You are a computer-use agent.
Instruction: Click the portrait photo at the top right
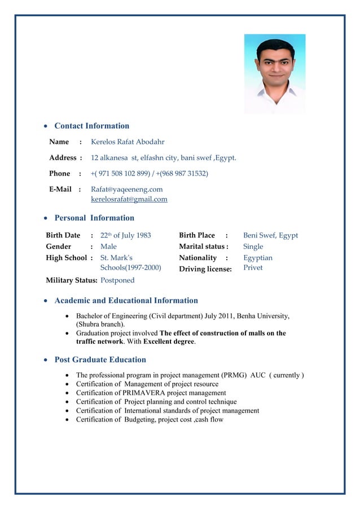274,73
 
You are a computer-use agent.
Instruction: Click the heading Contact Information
91,126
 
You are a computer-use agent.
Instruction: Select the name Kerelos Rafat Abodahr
128,142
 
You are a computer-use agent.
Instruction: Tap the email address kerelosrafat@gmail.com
129,199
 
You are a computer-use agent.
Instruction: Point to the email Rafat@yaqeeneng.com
127,190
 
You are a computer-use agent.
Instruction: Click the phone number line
150,173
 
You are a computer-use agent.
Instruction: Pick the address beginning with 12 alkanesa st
164,158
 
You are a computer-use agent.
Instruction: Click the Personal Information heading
94,218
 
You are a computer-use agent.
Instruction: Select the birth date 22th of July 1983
125,235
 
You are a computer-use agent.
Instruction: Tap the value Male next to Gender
108,247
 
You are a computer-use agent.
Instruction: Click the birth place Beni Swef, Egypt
270,235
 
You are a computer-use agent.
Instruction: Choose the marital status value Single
253,247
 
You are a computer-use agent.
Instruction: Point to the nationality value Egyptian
257,258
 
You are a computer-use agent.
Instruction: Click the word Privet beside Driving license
253,268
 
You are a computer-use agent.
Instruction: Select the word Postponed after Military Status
117,280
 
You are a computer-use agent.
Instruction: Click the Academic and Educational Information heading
126,301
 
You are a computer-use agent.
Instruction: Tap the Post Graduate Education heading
100,360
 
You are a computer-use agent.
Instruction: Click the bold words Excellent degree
169,342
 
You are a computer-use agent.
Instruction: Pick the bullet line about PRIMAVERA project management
151,393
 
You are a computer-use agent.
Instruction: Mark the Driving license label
205,269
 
